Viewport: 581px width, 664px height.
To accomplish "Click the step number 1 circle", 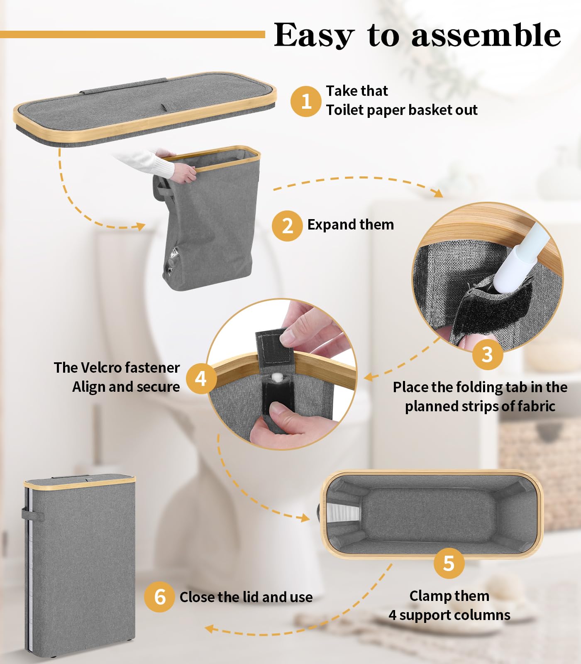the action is click(306, 101).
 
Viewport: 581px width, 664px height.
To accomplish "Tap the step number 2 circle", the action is click(287, 226).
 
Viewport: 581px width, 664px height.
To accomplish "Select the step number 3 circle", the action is click(488, 355).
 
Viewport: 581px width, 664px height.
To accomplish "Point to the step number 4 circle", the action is click(201, 378).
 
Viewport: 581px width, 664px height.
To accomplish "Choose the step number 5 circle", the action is click(449, 563).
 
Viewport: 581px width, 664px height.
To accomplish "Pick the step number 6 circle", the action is click(160, 597).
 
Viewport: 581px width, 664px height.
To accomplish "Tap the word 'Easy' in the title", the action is click(314, 36).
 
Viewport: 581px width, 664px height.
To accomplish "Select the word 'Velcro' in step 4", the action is click(101, 368).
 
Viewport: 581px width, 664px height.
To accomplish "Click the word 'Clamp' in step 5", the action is click(429, 596).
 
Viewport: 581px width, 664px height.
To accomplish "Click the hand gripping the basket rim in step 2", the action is click(183, 171).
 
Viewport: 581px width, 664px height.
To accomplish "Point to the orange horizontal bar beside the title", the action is click(132, 34).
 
